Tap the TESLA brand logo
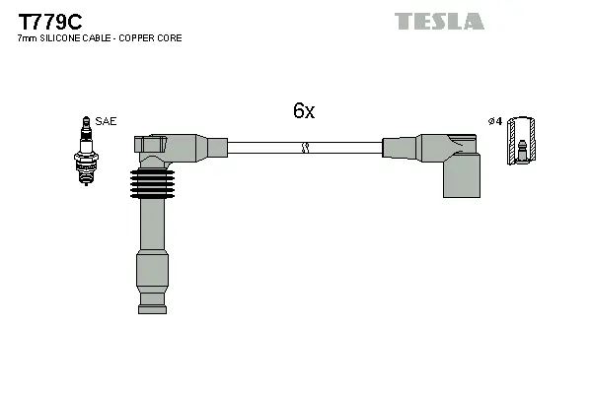click(439, 21)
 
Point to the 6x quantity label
click(304, 111)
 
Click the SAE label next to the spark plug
click(107, 121)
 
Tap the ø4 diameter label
click(494, 121)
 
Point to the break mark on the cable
click(305, 148)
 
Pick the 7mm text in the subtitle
click(26, 38)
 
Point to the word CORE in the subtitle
click(169, 38)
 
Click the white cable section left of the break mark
click(261, 148)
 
